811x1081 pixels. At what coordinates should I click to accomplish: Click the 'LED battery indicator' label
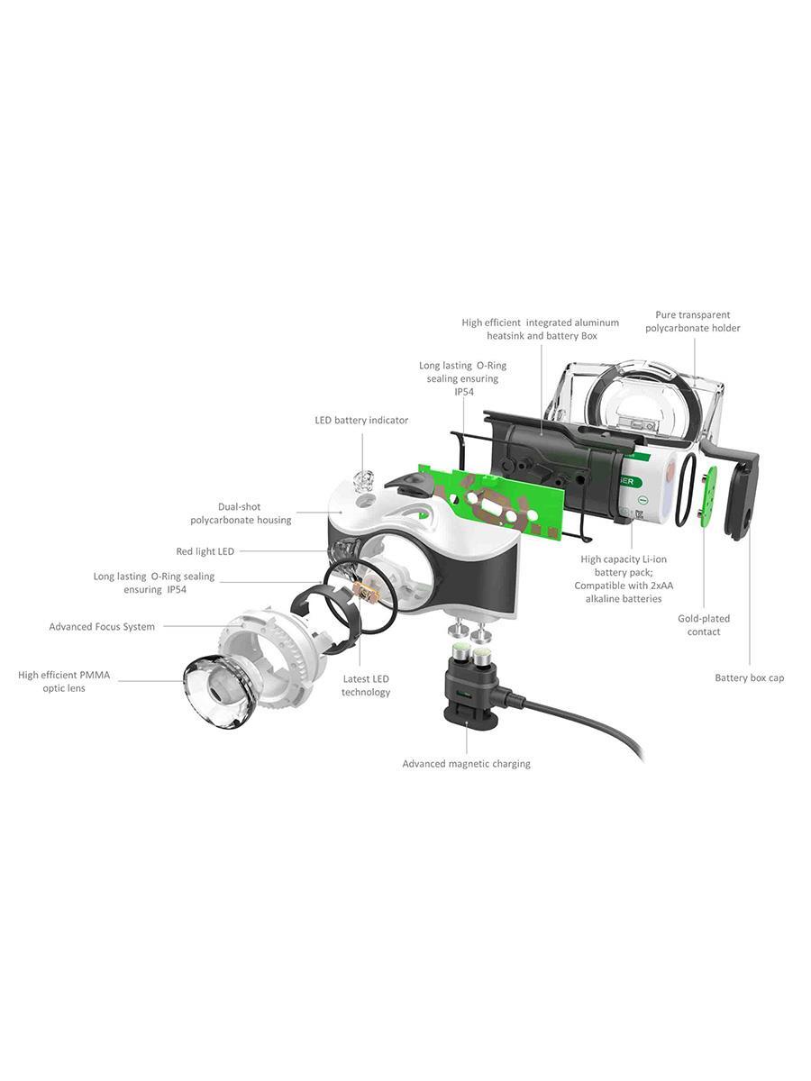tap(361, 420)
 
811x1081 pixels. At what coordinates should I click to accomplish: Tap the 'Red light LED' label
tap(205, 551)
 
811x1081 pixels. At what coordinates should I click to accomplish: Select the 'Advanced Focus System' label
tap(102, 626)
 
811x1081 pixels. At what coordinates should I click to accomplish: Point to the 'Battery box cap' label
tap(749, 677)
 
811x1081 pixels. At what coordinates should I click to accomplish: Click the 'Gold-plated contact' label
tap(704, 625)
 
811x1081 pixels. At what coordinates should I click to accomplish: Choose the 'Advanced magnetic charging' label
tap(466, 763)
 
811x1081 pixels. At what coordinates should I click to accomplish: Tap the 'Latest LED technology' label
tap(365, 685)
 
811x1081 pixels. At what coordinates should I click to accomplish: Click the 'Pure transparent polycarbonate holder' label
tap(692, 321)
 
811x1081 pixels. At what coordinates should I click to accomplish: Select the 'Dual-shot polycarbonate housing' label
tap(241, 513)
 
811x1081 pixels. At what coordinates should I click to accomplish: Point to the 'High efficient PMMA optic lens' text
tap(64, 681)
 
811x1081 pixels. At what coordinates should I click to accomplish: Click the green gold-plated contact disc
tap(707, 497)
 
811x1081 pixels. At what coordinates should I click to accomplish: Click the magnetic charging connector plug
tap(470, 685)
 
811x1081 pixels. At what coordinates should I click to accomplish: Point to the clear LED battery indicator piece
tap(363, 479)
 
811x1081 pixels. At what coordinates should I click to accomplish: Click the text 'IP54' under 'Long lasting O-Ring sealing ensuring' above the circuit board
tap(464, 392)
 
